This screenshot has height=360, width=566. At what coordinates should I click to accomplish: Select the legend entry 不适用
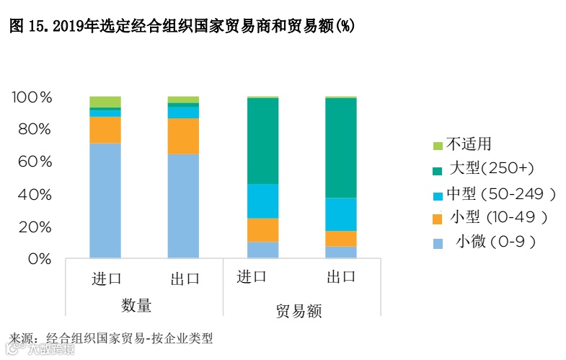tap(468, 144)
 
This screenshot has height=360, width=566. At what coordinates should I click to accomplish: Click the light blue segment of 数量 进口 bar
tap(105, 201)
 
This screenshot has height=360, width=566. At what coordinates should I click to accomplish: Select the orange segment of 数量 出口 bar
tap(183, 136)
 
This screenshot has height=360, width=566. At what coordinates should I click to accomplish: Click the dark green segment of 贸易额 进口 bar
tap(262, 141)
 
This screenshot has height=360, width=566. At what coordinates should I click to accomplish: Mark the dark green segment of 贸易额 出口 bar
tap(340, 147)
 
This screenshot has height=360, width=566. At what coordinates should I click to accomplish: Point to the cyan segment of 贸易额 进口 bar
tap(262, 201)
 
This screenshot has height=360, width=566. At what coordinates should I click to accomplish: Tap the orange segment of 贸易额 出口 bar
tap(340, 239)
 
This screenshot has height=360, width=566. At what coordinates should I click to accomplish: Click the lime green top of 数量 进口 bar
tap(105, 101)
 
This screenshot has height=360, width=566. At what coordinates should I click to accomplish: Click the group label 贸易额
tap(299, 311)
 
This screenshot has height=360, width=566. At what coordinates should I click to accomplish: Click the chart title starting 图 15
tap(181, 26)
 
